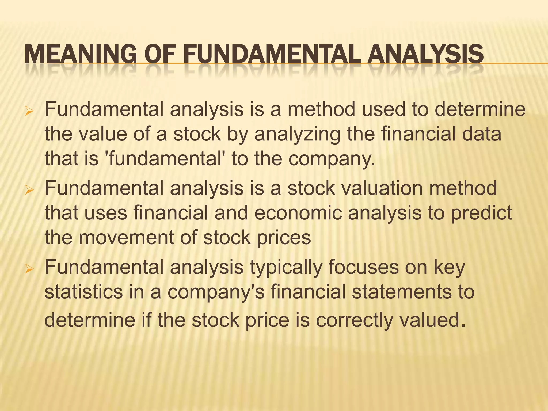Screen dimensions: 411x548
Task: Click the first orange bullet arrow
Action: coord(28,111)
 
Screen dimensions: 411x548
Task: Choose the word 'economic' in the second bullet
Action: coord(298,213)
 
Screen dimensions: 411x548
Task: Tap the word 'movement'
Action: coord(126,238)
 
